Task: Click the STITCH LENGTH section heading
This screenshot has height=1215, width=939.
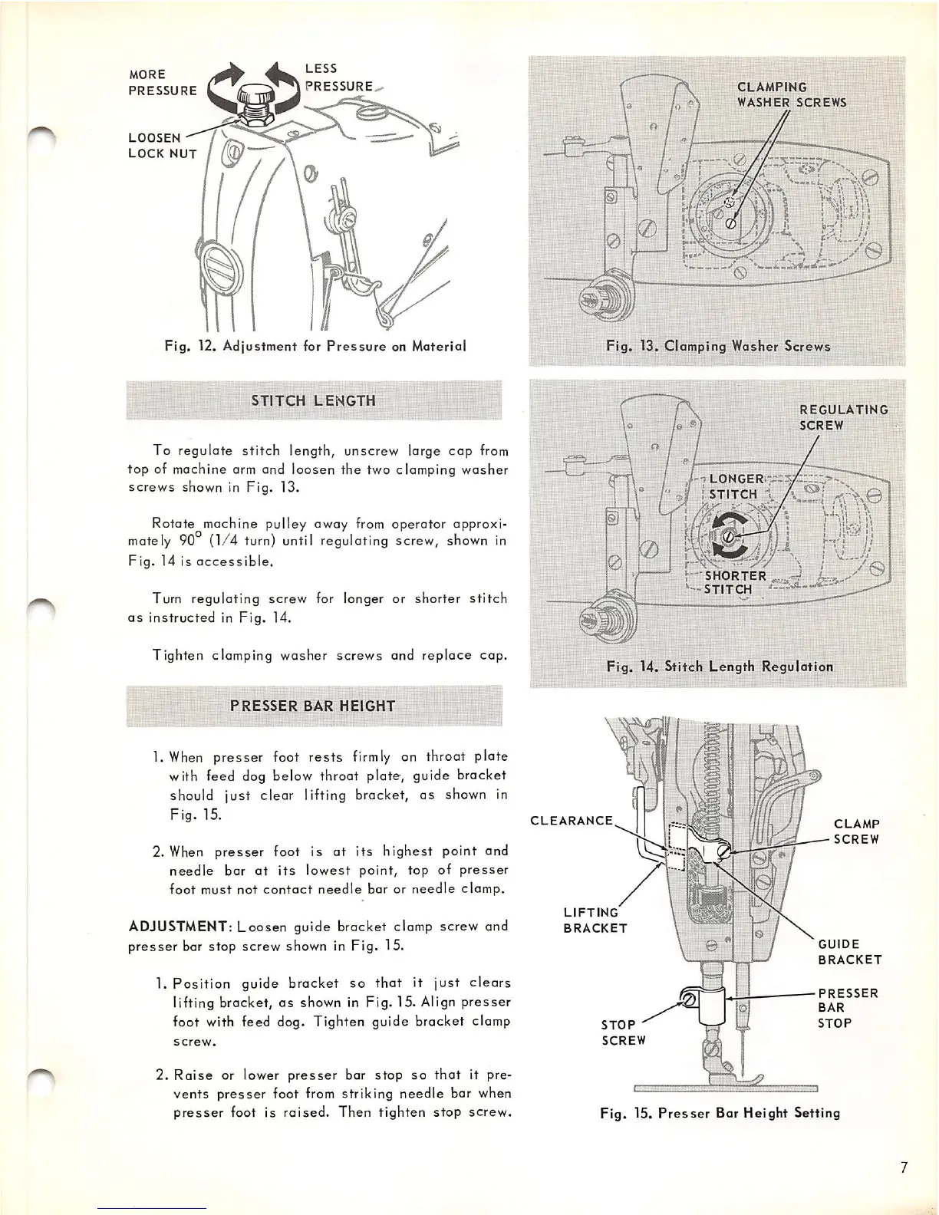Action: [313, 400]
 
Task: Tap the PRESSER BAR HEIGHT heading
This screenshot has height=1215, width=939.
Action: [313, 706]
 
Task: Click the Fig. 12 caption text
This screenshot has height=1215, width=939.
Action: [315, 346]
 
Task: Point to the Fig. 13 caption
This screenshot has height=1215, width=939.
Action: [718, 346]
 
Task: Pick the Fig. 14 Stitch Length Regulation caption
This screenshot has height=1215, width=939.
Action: [720, 667]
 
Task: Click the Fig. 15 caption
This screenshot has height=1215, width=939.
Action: [720, 1112]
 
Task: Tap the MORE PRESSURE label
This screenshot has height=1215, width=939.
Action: [162, 83]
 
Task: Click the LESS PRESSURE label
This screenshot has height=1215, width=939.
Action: [338, 77]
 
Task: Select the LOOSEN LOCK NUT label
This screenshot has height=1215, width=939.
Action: [162, 146]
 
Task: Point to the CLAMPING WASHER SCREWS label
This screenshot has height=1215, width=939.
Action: [791, 95]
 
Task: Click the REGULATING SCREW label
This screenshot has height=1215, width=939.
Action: [843, 417]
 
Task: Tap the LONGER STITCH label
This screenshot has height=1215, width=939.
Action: [736, 486]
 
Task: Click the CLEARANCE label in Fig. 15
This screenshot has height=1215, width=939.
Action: [572, 821]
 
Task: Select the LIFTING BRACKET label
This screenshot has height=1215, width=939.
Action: [595, 920]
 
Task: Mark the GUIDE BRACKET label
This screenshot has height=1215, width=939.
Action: [849, 952]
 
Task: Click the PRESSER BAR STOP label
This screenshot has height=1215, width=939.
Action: [847, 1008]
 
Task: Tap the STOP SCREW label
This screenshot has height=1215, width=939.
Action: [623, 1032]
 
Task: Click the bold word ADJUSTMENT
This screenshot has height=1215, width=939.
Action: [176, 927]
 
